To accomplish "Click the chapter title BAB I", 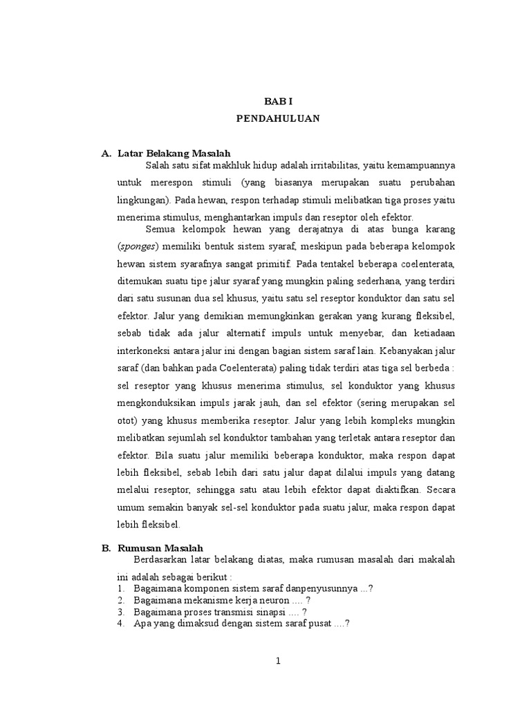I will pos(278,101).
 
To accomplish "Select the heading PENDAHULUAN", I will pos(278,119).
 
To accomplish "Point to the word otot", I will pos(127,420).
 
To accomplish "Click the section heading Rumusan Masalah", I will pos(160,548).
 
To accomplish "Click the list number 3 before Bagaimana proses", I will pos(120,612).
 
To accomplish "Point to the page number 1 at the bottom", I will pos(278,661).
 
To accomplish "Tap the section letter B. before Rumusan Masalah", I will pos(106,548).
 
